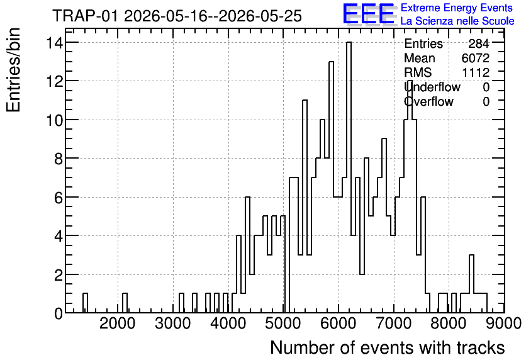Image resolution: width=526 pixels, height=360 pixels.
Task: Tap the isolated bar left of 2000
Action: coord(85,303)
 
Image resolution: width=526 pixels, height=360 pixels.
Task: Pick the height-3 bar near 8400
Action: coord(472,284)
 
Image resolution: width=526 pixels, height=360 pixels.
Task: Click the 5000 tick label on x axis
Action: coord(283,323)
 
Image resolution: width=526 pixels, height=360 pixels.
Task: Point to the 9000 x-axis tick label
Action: coord(503,323)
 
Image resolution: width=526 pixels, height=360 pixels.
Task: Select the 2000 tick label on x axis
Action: coord(118,323)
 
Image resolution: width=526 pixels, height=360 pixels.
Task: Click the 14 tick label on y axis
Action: coord(54,43)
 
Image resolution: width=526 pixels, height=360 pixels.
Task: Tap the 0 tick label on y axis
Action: coord(59,313)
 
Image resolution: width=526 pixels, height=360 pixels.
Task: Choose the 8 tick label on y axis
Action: coord(59,159)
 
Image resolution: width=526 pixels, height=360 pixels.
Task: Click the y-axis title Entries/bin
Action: coord(13,70)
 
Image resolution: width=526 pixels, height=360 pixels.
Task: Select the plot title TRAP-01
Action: coord(85,16)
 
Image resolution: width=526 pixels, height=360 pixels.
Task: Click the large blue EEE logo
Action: coord(369,14)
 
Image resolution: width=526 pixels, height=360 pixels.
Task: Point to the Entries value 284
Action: coord(479,43)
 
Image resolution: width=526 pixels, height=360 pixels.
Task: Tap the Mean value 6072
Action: coord(475,58)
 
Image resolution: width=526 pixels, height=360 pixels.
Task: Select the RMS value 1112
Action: coord(476,72)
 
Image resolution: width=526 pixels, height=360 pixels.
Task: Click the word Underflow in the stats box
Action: coord(432,87)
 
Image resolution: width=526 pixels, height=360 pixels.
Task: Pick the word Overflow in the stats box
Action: coord(428,101)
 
